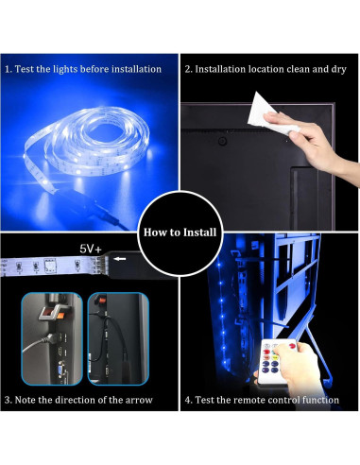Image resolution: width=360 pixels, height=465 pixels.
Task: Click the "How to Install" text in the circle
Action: pos(180,232)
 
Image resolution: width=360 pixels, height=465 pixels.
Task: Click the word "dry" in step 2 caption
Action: pos(334,70)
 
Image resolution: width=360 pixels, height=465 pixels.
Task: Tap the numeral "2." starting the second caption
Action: pos(189,70)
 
